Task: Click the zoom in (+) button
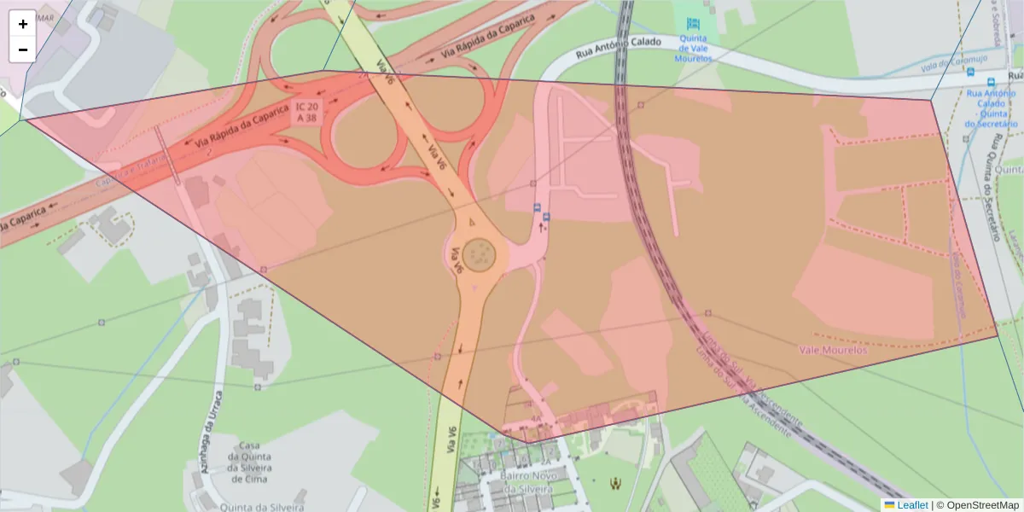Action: click(x=23, y=24)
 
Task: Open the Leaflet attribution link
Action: click(x=912, y=505)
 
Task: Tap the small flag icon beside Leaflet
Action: click(x=889, y=505)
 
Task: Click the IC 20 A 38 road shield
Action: click(x=305, y=112)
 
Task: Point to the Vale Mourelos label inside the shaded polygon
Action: click(x=833, y=350)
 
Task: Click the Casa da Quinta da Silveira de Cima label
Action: click(x=249, y=462)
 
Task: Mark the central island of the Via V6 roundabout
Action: click(x=480, y=253)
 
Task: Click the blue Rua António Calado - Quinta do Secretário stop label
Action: click(x=991, y=106)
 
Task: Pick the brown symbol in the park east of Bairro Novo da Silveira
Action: click(x=614, y=484)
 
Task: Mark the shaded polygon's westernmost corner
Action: click(x=26, y=119)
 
